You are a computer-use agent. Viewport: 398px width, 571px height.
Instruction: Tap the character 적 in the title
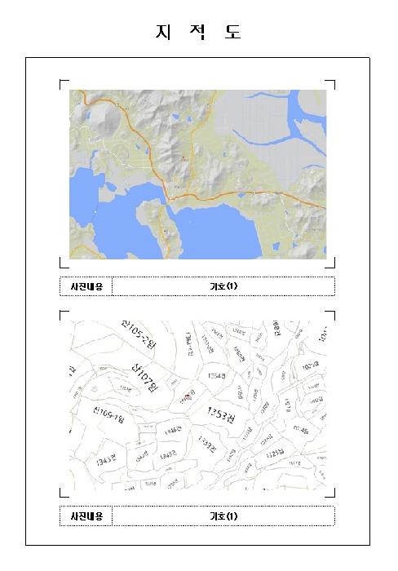tap(198, 33)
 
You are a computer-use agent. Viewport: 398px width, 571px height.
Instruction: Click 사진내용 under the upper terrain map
tap(86, 286)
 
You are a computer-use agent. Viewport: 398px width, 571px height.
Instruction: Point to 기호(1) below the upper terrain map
tap(223, 286)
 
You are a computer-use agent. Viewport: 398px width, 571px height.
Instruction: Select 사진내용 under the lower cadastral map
tap(86, 516)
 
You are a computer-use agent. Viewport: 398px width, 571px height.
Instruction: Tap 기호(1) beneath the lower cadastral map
tap(223, 516)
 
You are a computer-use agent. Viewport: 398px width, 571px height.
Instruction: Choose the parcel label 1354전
tap(216, 376)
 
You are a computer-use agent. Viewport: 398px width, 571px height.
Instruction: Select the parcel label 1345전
tap(169, 454)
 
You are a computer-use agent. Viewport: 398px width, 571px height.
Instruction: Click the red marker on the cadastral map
tap(187, 395)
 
